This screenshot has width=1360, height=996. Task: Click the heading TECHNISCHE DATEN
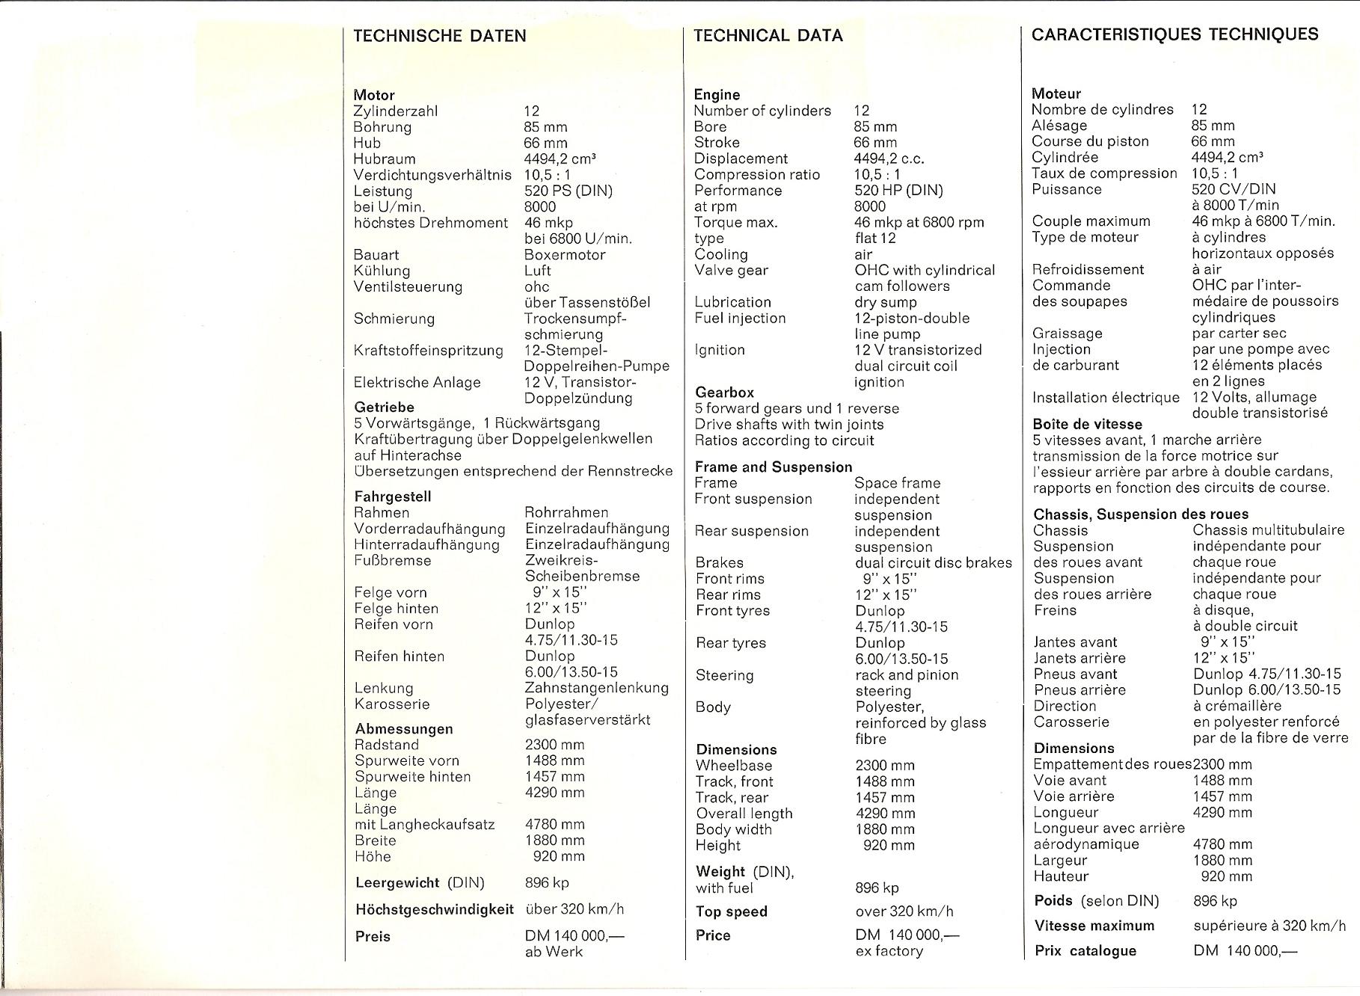coord(439,36)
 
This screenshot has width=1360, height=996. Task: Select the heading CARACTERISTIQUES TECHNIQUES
coord(1174,34)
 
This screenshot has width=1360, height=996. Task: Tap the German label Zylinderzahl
coord(395,111)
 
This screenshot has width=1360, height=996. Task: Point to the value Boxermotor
coord(565,254)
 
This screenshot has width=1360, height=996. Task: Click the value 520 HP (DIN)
coord(898,190)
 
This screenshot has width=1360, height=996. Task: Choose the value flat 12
coord(875,239)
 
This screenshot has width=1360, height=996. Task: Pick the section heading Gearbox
coord(724,392)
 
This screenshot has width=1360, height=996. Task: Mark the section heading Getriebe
coord(384,407)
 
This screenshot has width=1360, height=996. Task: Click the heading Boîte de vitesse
coord(1087,424)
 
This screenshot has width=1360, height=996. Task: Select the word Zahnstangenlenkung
coord(596,688)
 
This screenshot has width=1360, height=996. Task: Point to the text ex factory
coord(889,951)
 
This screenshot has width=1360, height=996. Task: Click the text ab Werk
coord(554,952)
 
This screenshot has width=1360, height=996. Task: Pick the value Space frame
coord(897,483)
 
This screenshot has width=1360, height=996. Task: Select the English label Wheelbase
coord(733,765)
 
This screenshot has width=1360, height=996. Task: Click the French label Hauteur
coord(1061,876)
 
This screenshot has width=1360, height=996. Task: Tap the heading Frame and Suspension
coord(773,467)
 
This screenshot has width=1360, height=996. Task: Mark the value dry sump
coord(885,302)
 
